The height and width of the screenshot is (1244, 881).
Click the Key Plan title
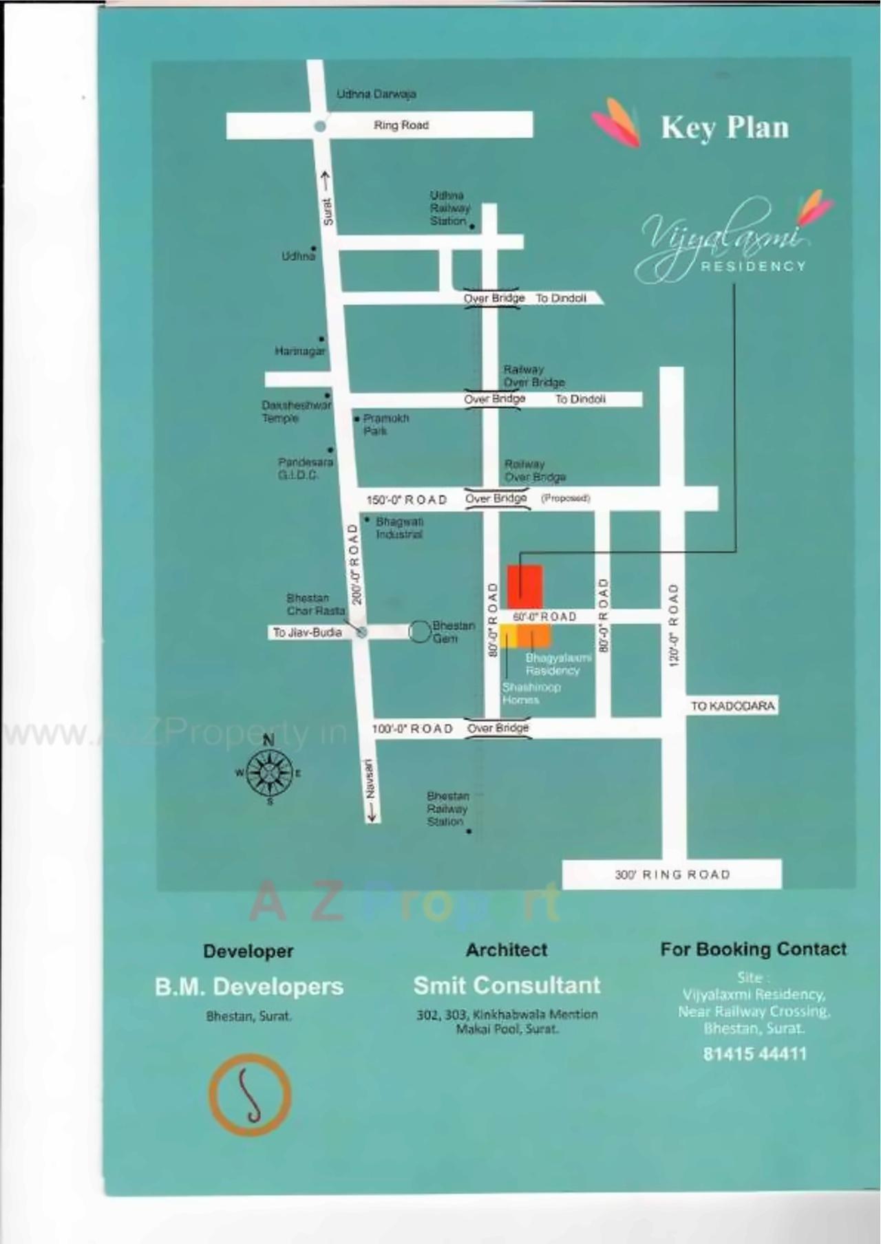click(x=724, y=128)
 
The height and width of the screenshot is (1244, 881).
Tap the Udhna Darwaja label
click(x=376, y=94)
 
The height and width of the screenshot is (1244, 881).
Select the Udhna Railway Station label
click(x=449, y=208)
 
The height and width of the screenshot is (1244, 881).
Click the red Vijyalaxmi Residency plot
click(x=525, y=587)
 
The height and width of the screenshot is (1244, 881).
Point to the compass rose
click(x=269, y=773)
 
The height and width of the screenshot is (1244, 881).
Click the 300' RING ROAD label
click(x=672, y=875)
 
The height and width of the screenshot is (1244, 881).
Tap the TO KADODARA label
click(x=732, y=706)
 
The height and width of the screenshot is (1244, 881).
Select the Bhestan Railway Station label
click(x=447, y=809)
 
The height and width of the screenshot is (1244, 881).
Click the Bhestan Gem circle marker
click(x=419, y=632)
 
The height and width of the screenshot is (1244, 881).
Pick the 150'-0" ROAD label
click(x=406, y=500)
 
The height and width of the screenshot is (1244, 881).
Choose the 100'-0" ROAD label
click(x=412, y=729)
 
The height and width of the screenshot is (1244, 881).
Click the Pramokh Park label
click(x=385, y=425)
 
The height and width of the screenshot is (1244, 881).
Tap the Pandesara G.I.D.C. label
click(x=305, y=469)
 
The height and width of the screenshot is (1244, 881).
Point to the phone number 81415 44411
click(x=754, y=1053)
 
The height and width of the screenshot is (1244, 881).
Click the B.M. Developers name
click(x=248, y=987)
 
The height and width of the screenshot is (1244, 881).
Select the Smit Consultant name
click(x=507, y=985)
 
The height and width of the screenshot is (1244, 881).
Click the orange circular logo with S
click(x=250, y=1095)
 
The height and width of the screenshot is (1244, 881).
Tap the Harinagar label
click(x=299, y=352)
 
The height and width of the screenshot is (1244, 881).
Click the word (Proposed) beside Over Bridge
click(x=565, y=498)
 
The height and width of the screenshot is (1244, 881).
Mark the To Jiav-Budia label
click(x=307, y=632)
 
